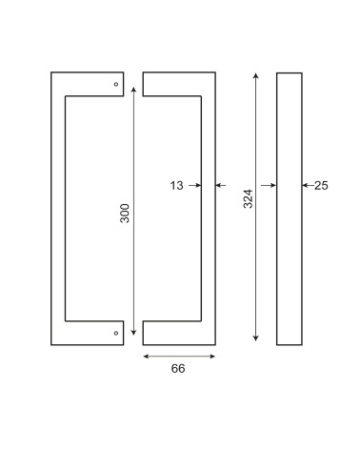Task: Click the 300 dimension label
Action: [x=125, y=214]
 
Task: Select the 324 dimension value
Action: [x=248, y=198]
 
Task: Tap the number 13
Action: [x=177, y=186]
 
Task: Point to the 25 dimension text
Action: [x=321, y=186]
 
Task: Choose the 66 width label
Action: [x=178, y=369]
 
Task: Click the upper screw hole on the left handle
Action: [x=116, y=84]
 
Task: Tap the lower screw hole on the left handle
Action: [x=116, y=333]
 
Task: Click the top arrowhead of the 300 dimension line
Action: [x=133, y=90]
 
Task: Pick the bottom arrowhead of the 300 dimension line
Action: [x=133, y=333]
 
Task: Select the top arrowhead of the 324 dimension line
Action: [x=256, y=75]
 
